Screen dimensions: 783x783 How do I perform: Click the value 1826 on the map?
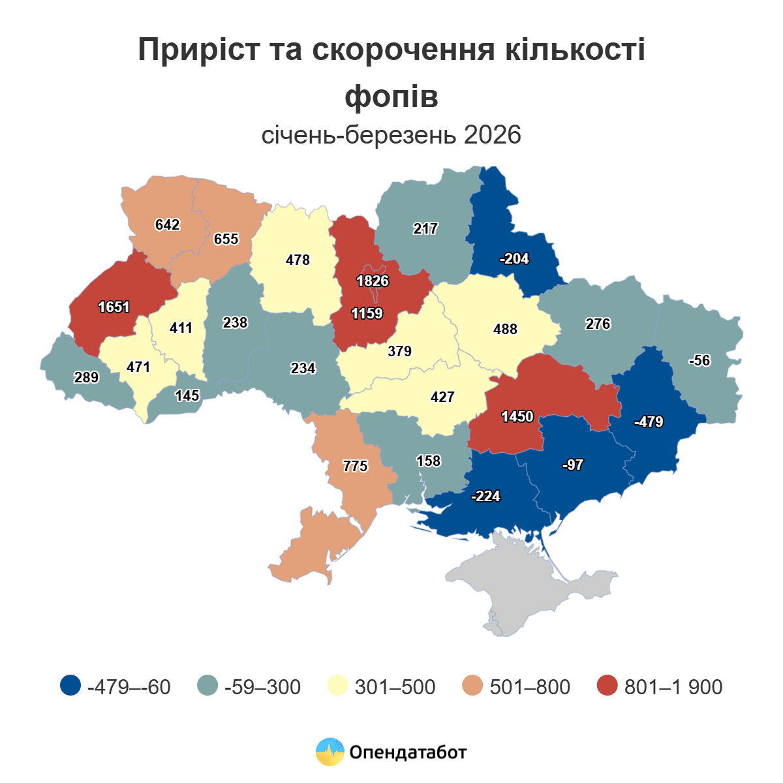[373, 281]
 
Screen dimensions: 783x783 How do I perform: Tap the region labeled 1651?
[114, 307]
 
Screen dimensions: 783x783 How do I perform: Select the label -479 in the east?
[649, 422]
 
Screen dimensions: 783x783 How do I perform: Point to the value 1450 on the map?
[517, 416]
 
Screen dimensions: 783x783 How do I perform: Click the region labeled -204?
[514, 259]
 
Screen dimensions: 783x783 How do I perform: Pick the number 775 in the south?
[356, 467]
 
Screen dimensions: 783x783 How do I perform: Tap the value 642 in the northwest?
[167, 225]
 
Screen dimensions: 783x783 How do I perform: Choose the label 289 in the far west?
[86, 377]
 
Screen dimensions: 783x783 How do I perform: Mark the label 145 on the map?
[187, 395]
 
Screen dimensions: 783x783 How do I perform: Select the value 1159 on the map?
[367, 314]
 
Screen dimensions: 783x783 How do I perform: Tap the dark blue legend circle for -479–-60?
[70, 686]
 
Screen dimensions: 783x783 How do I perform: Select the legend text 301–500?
[395, 687]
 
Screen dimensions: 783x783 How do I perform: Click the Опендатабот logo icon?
[330, 752]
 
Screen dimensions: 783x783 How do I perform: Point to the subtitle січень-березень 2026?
[391, 135]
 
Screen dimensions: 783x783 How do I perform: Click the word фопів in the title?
[391, 97]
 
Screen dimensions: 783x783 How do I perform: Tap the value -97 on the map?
[572, 465]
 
